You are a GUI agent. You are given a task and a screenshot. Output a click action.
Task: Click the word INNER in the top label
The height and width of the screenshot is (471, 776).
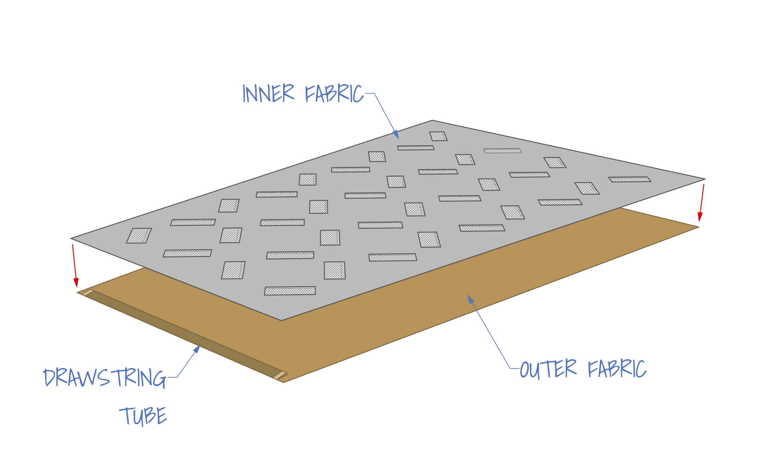click(268, 93)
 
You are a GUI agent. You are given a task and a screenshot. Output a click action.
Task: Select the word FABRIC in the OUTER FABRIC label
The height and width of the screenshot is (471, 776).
click(617, 369)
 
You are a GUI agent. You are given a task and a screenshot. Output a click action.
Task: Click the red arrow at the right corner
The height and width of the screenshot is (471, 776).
click(702, 203)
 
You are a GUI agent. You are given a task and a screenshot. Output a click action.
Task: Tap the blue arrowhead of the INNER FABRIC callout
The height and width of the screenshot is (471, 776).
click(396, 135)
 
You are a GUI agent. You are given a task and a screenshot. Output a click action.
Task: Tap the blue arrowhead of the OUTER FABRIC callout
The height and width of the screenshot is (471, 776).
click(471, 299)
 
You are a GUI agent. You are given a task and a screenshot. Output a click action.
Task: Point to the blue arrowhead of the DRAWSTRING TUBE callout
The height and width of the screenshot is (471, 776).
click(197, 349)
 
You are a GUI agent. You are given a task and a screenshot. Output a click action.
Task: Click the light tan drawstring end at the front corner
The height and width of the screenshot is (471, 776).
click(279, 375)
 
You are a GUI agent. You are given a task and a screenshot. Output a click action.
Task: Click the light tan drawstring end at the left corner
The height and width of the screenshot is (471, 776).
click(88, 292)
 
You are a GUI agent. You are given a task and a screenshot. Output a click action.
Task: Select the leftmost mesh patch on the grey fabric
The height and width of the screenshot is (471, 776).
click(139, 235)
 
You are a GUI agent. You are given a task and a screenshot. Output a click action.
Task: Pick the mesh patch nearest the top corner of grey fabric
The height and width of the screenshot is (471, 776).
click(438, 136)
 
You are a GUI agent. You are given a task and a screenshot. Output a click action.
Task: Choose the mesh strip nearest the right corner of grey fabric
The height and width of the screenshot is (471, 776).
click(629, 179)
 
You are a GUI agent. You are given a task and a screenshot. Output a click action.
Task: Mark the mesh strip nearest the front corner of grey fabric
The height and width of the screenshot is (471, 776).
click(290, 291)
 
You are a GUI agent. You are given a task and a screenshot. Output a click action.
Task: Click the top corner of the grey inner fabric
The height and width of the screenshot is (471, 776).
click(432, 121)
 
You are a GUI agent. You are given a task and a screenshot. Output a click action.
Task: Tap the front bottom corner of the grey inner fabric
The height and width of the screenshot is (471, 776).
click(282, 320)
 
